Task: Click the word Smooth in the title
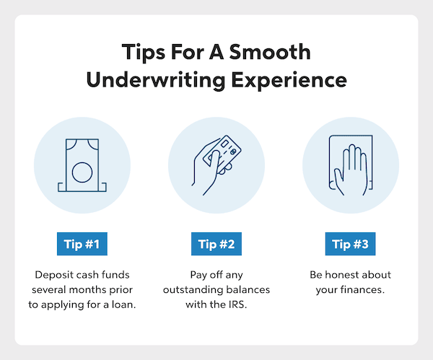(270, 52)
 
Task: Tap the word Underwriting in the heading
(156, 80)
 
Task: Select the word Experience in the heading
(289, 80)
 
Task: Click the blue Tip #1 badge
(82, 244)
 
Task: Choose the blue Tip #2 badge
(216, 244)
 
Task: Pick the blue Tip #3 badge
(350, 244)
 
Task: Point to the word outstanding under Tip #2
(193, 290)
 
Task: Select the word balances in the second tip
(248, 290)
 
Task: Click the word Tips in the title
(144, 53)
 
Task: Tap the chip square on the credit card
(224, 144)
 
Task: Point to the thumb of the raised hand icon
(338, 181)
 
